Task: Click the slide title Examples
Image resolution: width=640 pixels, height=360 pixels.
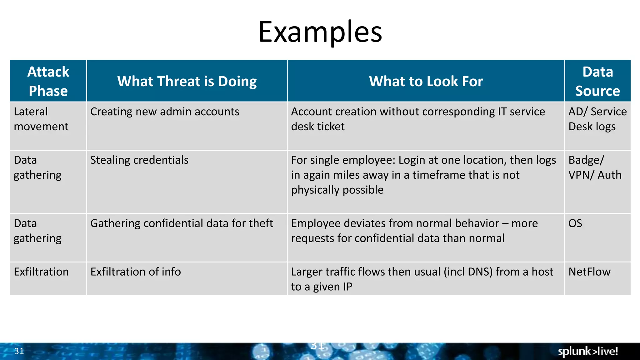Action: tap(320, 32)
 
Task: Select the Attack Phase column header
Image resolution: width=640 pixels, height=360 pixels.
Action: tap(48, 81)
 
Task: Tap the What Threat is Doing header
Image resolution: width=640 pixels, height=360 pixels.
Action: tap(187, 82)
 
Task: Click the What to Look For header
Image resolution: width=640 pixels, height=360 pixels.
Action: tap(426, 82)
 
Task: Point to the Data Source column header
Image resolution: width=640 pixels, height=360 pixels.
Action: tap(597, 81)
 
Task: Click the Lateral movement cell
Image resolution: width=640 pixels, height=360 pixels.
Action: tap(41, 119)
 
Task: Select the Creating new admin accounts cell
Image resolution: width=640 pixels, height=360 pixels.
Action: tap(165, 112)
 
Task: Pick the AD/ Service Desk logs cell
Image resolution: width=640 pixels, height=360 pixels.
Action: tap(597, 119)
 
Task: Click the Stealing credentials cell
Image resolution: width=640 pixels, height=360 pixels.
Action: tap(139, 160)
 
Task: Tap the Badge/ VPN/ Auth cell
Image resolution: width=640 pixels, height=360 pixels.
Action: tap(595, 167)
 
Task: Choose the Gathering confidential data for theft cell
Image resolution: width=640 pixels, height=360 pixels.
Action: tap(182, 223)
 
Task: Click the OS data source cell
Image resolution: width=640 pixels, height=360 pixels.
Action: tap(575, 223)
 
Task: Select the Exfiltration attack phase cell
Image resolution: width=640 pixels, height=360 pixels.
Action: tap(41, 272)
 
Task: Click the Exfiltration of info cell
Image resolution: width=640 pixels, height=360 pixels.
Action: tap(136, 272)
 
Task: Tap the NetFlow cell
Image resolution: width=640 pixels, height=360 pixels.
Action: tap(589, 272)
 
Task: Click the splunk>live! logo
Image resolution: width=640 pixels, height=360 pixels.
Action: tap(588, 351)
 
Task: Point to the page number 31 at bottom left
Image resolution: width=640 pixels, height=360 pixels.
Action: tap(19, 351)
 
